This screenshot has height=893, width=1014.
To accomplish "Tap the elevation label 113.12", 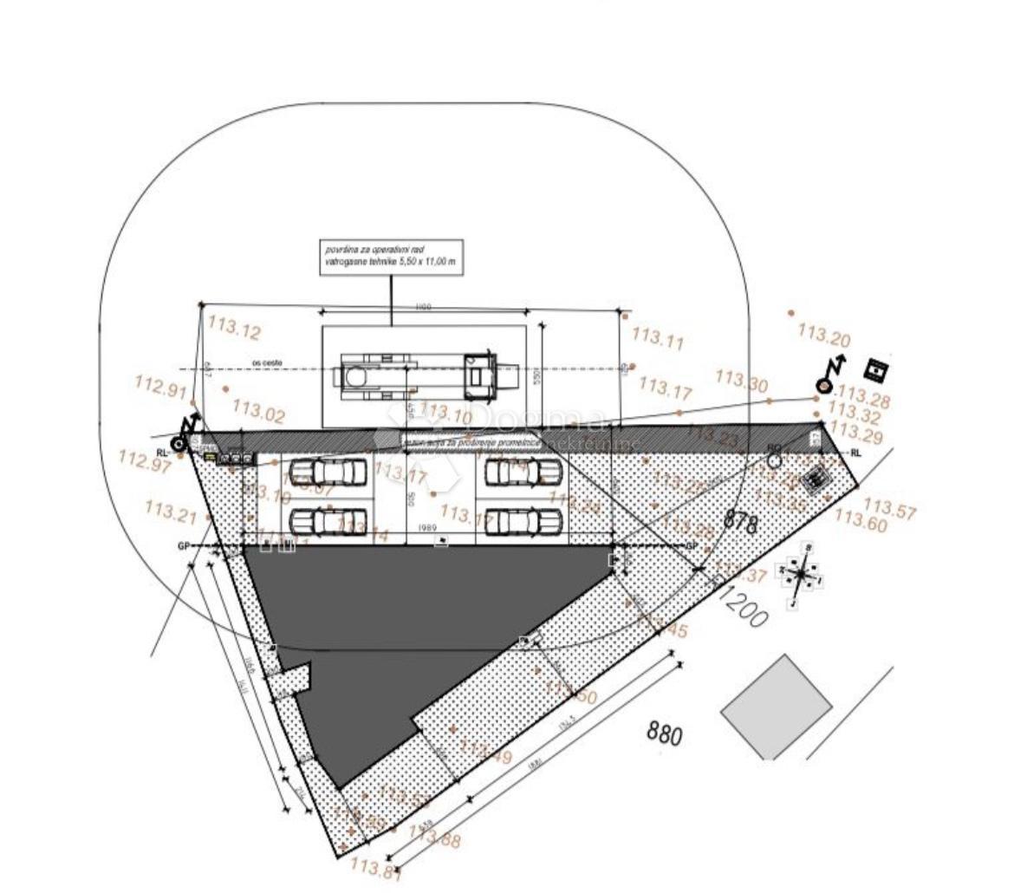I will coord(234,328).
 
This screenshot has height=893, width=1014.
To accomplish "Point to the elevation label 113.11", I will coord(658,337).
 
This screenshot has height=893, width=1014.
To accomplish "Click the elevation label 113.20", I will coord(823,335).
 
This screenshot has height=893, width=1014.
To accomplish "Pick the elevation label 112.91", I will coord(161,386).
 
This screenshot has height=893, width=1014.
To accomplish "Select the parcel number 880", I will coord(665,733).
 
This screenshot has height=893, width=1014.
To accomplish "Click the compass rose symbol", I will coord(803,575).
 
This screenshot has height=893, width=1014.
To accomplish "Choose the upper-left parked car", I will coord(328,473).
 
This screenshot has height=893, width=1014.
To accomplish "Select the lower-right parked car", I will coord(523,522).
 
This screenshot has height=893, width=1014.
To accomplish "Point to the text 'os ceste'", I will coord(267,362).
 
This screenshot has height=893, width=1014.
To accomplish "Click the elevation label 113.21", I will coord(171,512).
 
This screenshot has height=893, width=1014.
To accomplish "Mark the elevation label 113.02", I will coord(258,411).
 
